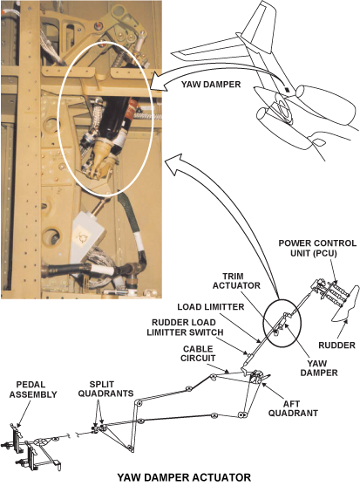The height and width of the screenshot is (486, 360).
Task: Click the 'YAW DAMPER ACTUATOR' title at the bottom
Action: (184, 477)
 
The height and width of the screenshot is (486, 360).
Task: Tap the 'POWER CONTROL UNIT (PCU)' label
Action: (317, 248)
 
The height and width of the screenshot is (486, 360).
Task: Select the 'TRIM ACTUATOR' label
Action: (236, 280)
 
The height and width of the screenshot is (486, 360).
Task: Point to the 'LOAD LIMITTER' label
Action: (210, 307)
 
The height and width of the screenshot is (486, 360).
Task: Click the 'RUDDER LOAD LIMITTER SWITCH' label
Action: (185, 327)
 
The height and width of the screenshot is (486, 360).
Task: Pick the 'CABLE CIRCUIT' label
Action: (198, 353)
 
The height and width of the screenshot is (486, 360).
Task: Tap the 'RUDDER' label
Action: (336, 345)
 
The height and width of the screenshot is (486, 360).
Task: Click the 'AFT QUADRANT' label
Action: (293, 408)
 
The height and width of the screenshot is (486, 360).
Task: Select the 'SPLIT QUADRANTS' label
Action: (105, 389)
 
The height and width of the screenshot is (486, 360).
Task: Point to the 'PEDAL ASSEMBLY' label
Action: (33, 389)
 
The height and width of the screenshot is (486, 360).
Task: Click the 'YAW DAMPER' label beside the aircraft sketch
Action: (211, 85)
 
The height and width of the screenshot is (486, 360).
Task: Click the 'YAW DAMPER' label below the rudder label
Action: (319, 367)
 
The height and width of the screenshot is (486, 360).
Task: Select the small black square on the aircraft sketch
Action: (288, 90)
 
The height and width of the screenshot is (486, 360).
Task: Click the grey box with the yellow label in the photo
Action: (88, 236)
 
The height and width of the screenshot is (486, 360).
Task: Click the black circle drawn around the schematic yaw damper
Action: (263, 324)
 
